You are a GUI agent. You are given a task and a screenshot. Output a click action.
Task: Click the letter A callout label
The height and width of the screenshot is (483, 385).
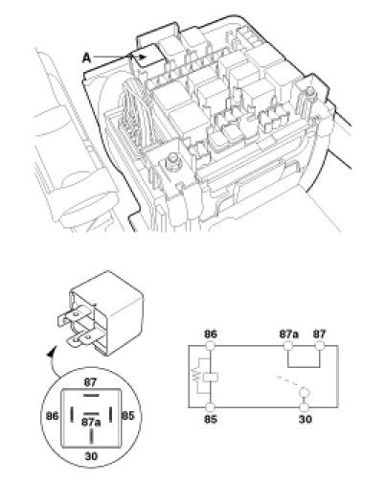click(86, 58)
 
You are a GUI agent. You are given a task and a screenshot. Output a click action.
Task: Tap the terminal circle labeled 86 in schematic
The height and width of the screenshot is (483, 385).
click(211, 346)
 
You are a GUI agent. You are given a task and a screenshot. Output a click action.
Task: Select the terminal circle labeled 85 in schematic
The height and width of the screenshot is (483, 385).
click(211, 407)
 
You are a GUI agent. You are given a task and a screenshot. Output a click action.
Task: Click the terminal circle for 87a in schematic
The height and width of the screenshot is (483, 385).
click(288, 346)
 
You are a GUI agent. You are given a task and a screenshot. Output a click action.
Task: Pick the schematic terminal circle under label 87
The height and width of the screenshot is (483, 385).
click(320, 346)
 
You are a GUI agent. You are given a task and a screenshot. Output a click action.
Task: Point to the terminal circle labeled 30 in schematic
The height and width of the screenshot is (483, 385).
click(305, 407)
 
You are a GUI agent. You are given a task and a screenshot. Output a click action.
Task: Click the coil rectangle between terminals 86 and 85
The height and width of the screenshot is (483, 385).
click(211, 378)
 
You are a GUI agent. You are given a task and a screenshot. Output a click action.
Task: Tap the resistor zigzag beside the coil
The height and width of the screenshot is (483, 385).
click(195, 377)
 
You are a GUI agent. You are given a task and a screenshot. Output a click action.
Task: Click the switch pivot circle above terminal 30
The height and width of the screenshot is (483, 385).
click(305, 392)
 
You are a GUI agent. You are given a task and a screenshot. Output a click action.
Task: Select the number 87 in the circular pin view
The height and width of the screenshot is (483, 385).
click(90, 382)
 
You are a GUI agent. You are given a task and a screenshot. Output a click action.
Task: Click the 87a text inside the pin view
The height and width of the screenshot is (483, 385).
click(91, 423)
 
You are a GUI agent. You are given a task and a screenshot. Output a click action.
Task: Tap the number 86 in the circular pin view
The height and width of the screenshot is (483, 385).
click(53, 416)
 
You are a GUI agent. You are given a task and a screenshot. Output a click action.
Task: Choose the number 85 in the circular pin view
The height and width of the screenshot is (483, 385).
click(128, 416)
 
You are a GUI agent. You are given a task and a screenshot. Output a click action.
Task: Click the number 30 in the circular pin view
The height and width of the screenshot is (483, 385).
click(91, 456)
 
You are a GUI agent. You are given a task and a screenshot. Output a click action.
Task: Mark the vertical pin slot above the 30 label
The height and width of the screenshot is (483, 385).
click(92, 436)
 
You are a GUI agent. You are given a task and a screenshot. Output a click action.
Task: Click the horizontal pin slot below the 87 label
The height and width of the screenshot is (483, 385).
click(91, 396)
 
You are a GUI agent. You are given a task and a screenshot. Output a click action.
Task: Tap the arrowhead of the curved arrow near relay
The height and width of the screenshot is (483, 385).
click(51, 353)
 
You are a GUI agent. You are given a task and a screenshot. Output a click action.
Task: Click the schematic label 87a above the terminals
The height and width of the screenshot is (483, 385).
click(289, 334)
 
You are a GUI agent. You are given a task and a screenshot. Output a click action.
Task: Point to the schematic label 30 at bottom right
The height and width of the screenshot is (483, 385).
click(306, 419)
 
